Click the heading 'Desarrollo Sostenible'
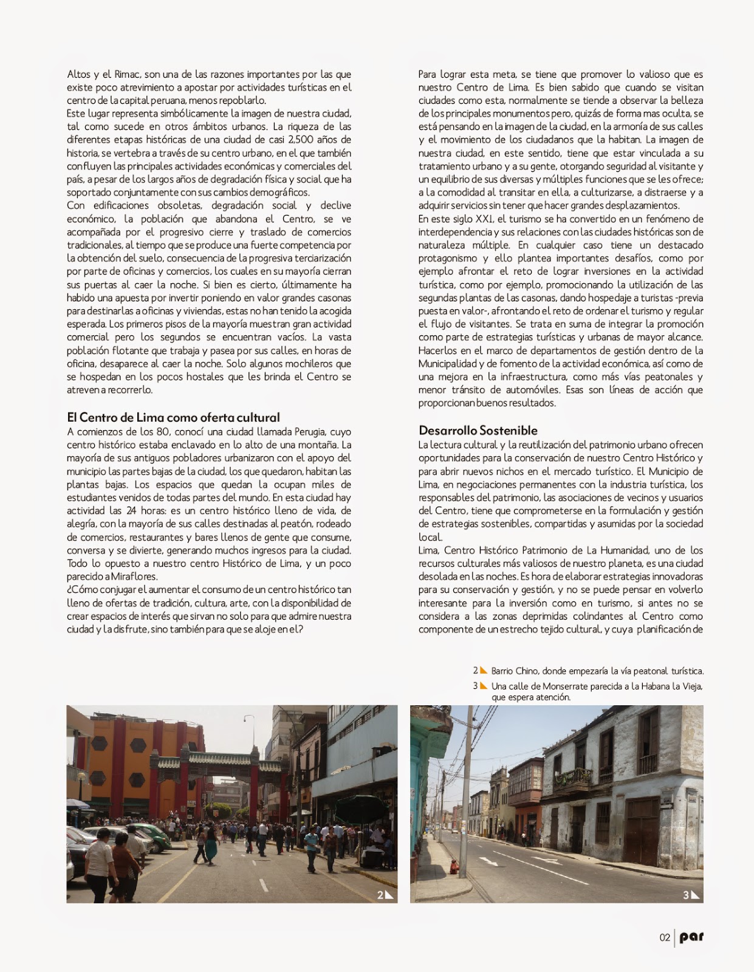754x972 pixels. click(478, 431)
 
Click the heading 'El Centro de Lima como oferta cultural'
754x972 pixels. click(173, 417)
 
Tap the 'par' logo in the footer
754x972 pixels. click(691, 937)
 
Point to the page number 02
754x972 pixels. click(665, 937)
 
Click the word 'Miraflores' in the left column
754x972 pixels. click(134, 577)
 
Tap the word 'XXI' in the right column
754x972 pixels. click(484, 219)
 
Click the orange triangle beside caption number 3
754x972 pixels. click(484, 686)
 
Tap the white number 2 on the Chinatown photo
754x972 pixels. click(380, 895)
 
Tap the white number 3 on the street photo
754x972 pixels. click(686, 895)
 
